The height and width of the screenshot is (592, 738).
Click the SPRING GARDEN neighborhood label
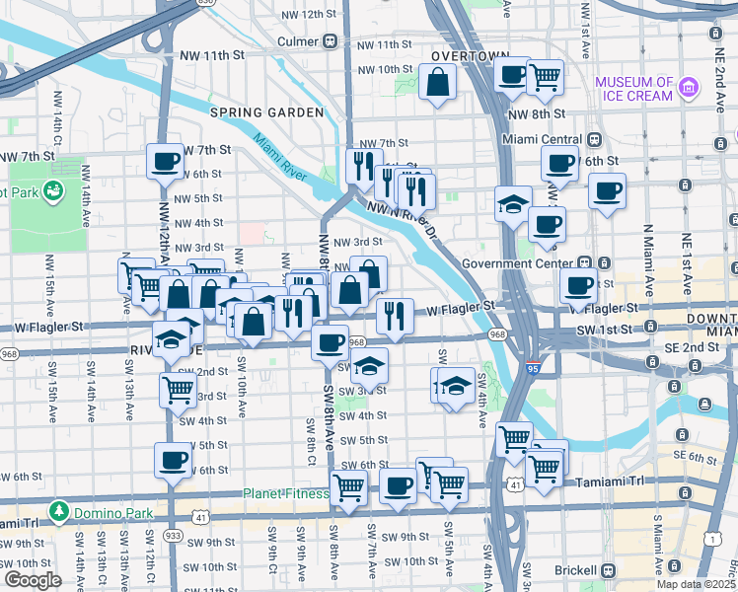pyautogui.click(x=266, y=112)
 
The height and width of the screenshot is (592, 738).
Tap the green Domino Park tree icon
pyautogui.click(x=59, y=511)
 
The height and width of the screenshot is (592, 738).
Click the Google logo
pyautogui.click(x=33, y=579)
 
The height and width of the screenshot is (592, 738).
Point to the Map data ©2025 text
pyautogui.click(x=697, y=584)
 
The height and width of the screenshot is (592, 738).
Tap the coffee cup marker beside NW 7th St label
pyautogui.click(x=165, y=161)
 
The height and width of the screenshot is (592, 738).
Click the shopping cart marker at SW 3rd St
pyautogui.click(x=178, y=389)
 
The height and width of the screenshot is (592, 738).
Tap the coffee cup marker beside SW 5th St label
pyautogui.click(x=173, y=460)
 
